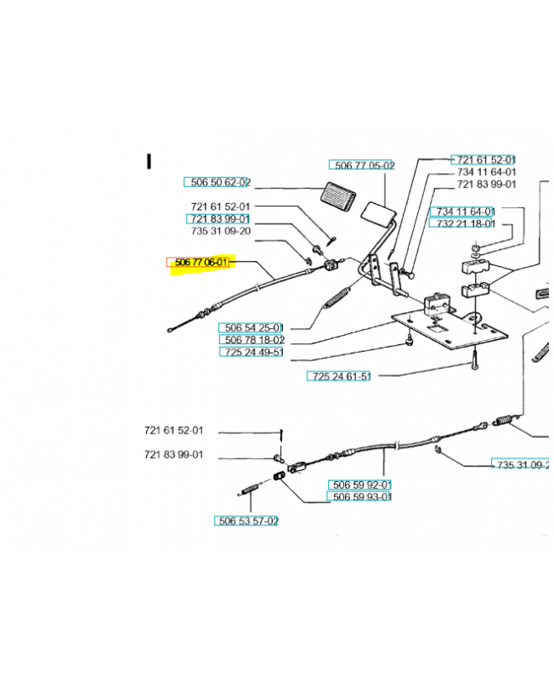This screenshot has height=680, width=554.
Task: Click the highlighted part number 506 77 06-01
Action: tap(201, 263)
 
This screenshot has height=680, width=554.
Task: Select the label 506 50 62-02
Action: tap(218, 182)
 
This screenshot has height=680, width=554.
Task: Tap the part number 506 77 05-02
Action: tap(362, 165)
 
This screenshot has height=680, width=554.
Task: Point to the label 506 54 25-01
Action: tap(252, 327)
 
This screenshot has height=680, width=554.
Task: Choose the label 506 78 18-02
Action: tap(252, 339)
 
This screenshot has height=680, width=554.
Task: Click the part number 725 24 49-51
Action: tap(252, 352)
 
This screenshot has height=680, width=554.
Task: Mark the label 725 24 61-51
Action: tap(339, 376)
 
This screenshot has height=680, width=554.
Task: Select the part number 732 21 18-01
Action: tap(462, 224)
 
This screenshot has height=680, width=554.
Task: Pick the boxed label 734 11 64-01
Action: tap(462, 211)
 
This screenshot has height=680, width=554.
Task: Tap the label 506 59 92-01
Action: tap(360, 485)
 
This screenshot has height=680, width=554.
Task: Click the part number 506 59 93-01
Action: tap(360, 497)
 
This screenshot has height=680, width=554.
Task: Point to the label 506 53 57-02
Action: tap(246, 520)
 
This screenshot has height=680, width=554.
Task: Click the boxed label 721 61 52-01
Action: tap(483, 160)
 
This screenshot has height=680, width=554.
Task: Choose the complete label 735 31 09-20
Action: tap(220, 231)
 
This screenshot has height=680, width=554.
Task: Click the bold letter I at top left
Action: tap(149, 161)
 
